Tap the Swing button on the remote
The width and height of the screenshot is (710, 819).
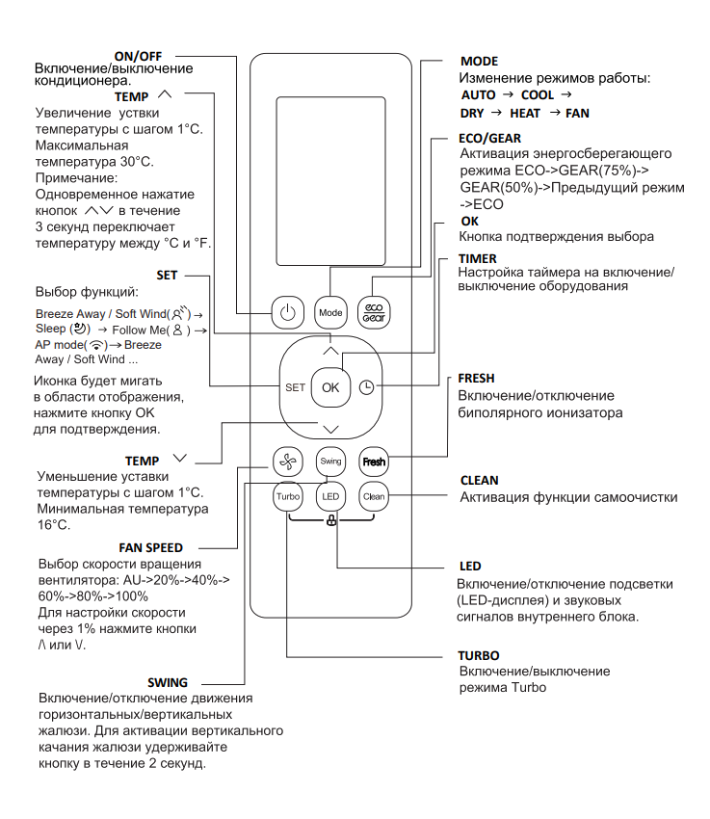[330, 461]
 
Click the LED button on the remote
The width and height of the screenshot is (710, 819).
[330, 497]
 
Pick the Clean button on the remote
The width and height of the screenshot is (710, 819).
[373, 497]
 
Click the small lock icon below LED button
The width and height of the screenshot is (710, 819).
[330, 521]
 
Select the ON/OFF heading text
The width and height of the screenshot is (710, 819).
[139, 56]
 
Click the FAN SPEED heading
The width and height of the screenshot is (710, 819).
[150, 547]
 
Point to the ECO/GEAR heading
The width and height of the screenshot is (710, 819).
[491, 139]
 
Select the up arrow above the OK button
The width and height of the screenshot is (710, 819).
[330, 351]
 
